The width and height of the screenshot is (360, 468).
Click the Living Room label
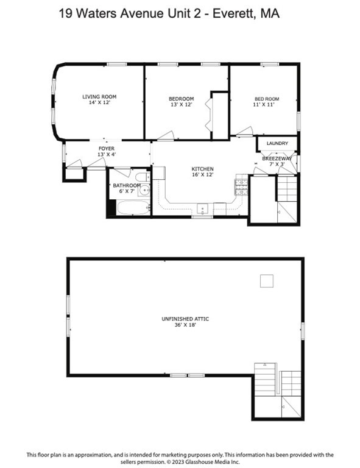click(x=99, y=96)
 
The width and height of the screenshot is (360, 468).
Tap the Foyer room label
click(x=107, y=148)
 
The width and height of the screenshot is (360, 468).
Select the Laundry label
click(x=277, y=144)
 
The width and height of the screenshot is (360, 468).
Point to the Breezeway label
click(x=277, y=158)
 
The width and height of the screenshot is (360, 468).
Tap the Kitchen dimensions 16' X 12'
click(x=203, y=175)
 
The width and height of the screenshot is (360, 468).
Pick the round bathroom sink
click(x=144, y=191)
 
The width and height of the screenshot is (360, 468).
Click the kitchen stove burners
click(x=241, y=185)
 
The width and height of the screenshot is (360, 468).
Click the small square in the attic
click(x=266, y=280)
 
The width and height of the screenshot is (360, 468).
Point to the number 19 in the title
click(x=66, y=13)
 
